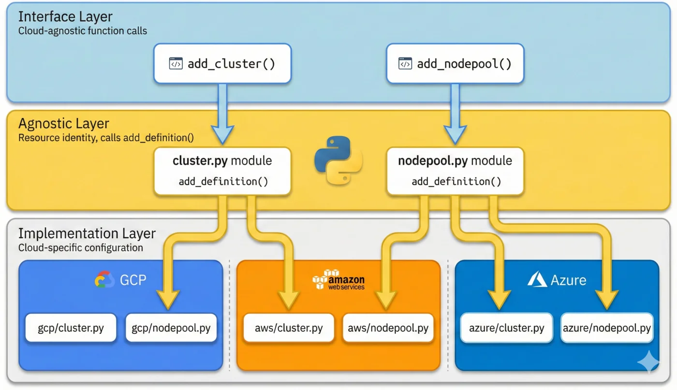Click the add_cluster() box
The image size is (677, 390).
pyautogui.click(x=222, y=64)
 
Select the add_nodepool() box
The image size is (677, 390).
pyautogui.click(x=455, y=64)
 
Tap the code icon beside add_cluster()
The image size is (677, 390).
pyautogui.click(x=176, y=64)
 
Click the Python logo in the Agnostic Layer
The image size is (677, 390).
pyautogui.click(x=338, y=160)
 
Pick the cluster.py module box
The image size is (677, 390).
pyautogui.click(x=222, y=171)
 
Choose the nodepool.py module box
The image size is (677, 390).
pyautogui.click(x=455, y=171)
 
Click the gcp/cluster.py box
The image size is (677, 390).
pyautogui.click(x=71, y=328)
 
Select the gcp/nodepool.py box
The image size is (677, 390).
pyautogui.click(x=171, y=328)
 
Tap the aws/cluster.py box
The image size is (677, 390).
pyautogui.click(x=289, y=328)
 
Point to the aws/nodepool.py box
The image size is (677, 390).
pyautogui.click(x=388, y=328)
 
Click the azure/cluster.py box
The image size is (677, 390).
pyautogui.click(x=507, y=328)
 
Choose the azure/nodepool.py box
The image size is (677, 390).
pyautogui.click(x=607, y=328)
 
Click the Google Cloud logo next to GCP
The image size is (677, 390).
pyautogui.click(x=104, y=280)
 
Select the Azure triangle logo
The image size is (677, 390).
pyautogui.click(x=537, y=279)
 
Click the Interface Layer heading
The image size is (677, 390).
pyautogui.click(x=65, y=16)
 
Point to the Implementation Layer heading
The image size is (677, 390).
pyautogui.click(x=87, y=234)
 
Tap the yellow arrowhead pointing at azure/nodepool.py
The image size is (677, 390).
pyautogui.click(x=606, y=300)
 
